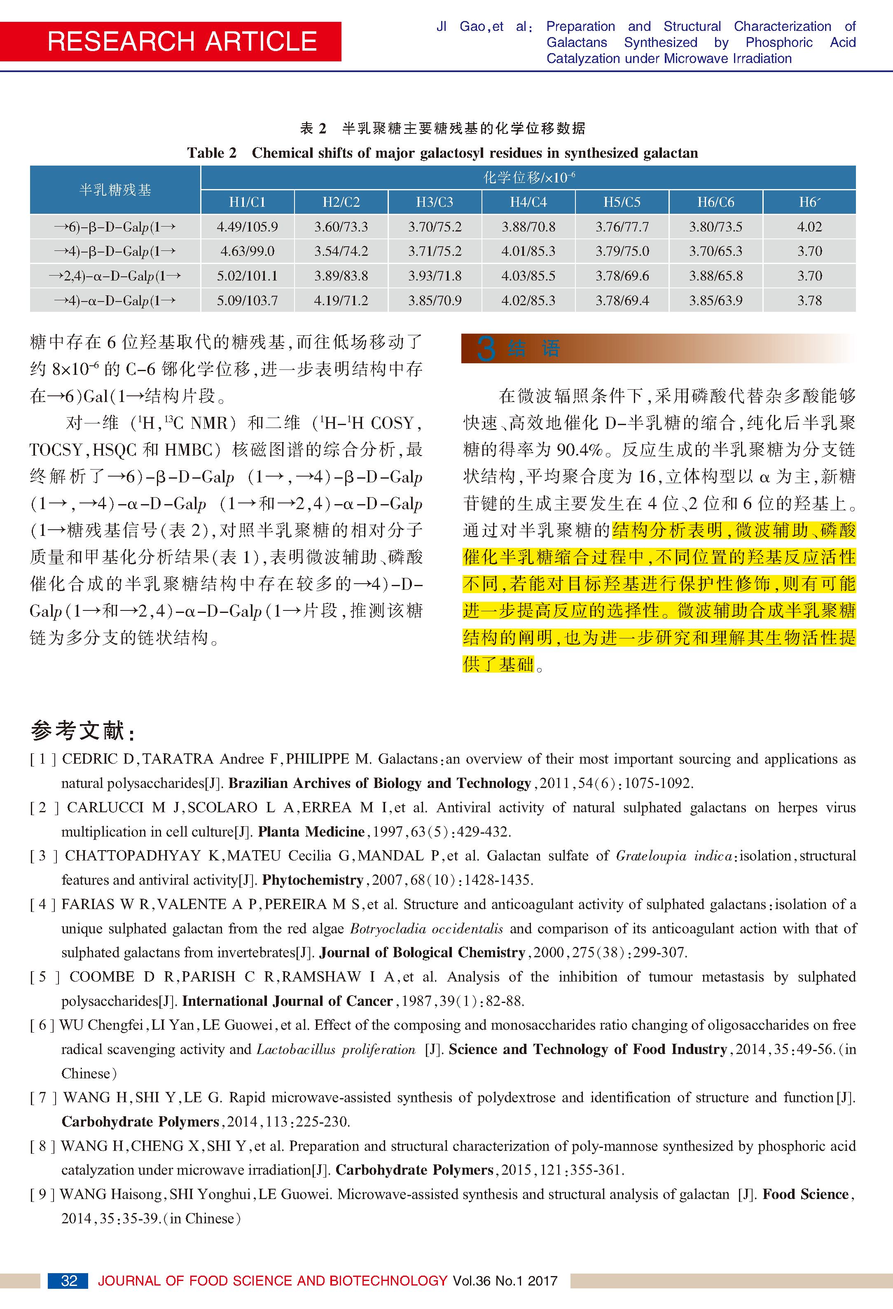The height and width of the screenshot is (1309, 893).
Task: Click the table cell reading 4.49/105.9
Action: (247, 227)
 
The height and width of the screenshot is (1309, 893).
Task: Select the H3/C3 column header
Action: (435, 202)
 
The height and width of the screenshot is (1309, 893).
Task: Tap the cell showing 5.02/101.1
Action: (247, 276)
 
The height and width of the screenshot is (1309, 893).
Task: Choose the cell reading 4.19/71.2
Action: (341, 301)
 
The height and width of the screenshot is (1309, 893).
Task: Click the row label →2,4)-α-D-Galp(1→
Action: (115, 276)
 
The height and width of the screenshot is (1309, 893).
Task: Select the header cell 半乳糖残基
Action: (115, 190)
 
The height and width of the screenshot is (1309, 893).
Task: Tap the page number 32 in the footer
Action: (69, 1281)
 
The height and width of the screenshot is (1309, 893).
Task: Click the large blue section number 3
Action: (486, 348)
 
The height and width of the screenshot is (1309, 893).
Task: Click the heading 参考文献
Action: (82, 731)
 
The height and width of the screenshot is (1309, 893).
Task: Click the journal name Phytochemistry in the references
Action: (312, 880)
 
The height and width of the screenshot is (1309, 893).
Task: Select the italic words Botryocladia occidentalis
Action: (426, 928)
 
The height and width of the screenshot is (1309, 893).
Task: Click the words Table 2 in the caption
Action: (211, 153)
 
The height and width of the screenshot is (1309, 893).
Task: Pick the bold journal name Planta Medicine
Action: (311, 831)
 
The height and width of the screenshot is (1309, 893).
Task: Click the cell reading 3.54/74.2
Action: (341, 251)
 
